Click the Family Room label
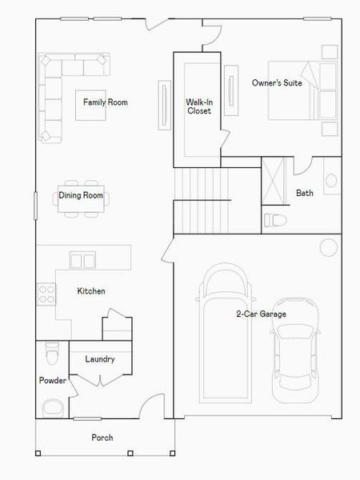(106, 102)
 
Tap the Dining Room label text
(81, 195)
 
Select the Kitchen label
(90, 291)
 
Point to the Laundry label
(100, 359)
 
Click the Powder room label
(52, 381)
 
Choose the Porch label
(102, 438)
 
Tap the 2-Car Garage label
(261, 314)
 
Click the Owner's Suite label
(277, 82)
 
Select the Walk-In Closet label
(199, 106)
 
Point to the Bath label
(305, 193)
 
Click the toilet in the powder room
(53, 351)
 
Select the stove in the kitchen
(45, 294)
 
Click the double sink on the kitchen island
(82, 259)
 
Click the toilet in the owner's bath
(274, 218)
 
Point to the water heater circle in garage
(328, 246)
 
